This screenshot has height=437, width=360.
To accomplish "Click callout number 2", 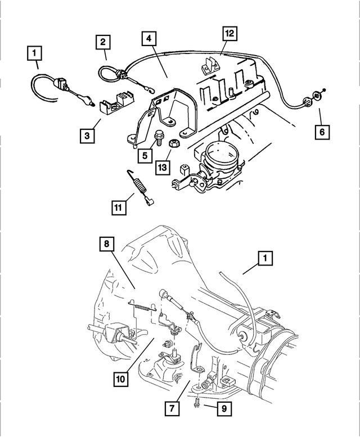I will click(x=103, y=41).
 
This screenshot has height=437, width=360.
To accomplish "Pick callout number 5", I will click(x=145, y=154).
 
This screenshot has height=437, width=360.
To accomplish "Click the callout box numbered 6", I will click(x=321, y=132).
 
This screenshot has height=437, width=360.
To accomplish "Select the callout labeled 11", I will click(x=118, y=208).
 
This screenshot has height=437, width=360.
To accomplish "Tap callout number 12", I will click(x=229, y=33).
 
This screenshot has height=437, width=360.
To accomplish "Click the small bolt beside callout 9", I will click(x=197, y=403).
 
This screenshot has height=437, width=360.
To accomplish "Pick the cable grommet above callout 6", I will click(x=308, y=102).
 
